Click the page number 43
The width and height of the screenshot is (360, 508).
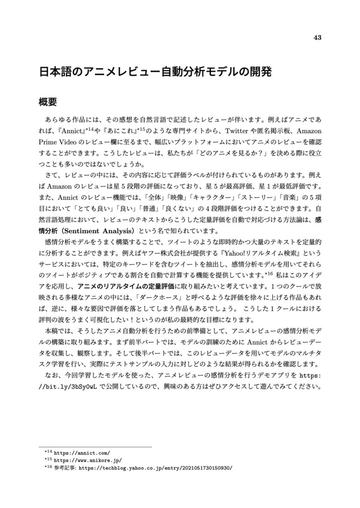pyautogui.click(x=318, y=38)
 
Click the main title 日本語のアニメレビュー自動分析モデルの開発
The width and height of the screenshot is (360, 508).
pyautogui.click(x=156, y=72)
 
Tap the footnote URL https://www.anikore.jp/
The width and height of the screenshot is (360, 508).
pyautogui.click(x=87, y=460)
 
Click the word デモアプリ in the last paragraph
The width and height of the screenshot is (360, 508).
pyautogui.click(x=271, y=375)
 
